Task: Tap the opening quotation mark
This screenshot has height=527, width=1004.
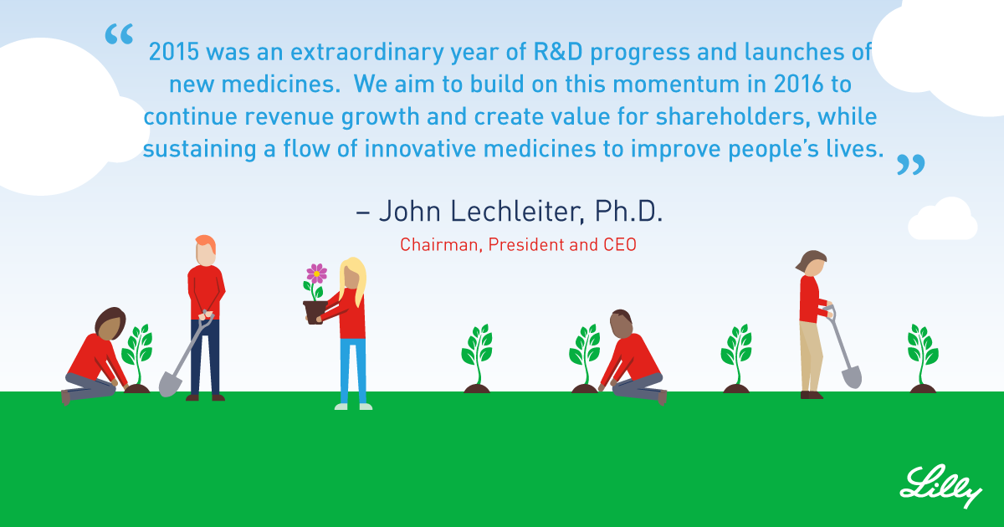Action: point(119,34)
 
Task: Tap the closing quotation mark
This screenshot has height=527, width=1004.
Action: point(911,165)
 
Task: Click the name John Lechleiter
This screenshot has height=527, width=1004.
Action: point(482,211)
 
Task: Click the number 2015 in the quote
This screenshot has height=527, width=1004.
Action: point(174,52)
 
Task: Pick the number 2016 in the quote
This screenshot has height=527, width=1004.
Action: point(799,84)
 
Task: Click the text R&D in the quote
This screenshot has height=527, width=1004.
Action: point(558,52)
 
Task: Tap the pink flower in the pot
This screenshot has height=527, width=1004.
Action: point(316,274)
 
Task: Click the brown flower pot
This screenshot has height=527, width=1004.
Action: point(315,312)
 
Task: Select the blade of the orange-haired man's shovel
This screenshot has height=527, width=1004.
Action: point(170,384)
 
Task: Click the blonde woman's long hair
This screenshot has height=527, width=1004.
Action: point(354,280)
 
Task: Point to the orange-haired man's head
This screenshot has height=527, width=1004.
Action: point(206,250)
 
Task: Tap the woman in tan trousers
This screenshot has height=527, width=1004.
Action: point(813,325)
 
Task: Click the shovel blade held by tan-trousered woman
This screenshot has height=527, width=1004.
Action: point(851,377)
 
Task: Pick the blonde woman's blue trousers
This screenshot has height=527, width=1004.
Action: point(353,371)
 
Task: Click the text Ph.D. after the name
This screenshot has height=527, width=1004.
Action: point(628,211)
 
